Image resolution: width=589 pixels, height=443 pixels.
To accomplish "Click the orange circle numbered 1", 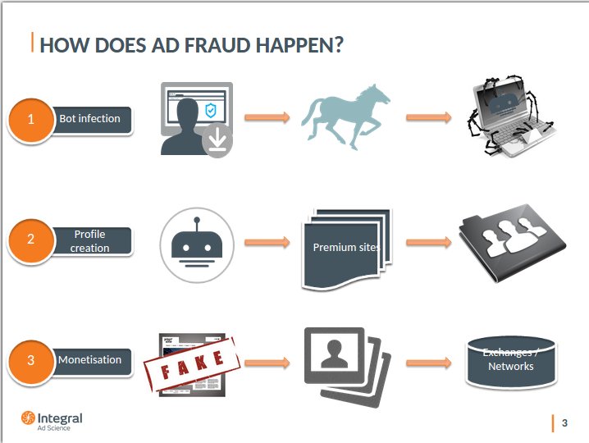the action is coord(31,120).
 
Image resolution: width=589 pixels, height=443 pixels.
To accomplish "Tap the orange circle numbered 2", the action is coord(31,240).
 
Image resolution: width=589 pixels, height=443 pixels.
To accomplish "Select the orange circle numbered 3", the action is coord(31,361).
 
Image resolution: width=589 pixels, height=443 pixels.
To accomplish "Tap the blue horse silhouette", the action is coord(345,116).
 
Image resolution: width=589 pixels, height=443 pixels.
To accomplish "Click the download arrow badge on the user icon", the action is coord(217,141).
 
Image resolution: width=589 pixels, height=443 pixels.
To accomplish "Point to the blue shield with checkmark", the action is coord(211,110).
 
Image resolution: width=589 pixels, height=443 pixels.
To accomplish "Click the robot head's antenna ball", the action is coord(197,219).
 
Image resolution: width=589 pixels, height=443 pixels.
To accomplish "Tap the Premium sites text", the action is coord(346,247).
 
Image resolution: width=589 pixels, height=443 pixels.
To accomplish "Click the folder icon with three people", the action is coord(513,243).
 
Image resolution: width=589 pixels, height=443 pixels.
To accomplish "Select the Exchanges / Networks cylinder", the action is coord(511,362).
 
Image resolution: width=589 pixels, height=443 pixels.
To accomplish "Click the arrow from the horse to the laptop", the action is coord(428,117).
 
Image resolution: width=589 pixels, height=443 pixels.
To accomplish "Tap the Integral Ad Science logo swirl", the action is coord(28,418).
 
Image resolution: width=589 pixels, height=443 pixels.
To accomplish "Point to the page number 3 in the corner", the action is coord(564,423).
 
